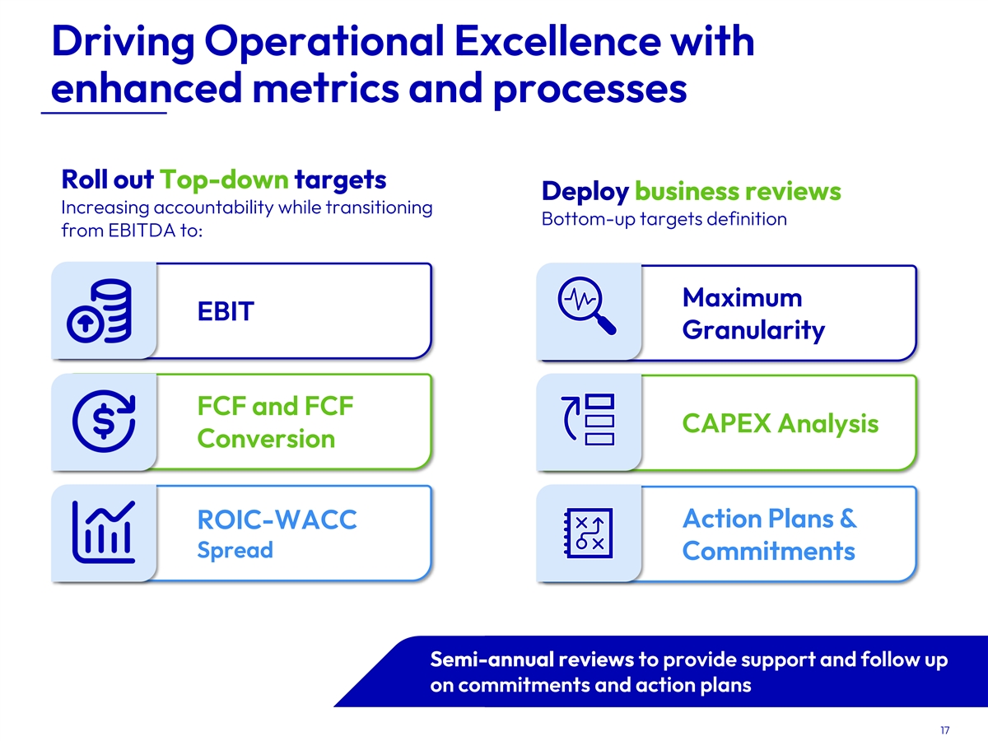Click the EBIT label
coord(226,311)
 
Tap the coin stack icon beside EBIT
coord(100,311)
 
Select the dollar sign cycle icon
coord(104,421)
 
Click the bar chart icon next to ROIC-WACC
coord(104,532)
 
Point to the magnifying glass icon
coord(586,305)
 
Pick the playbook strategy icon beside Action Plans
coord(588,534)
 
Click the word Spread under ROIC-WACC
coord(235,551)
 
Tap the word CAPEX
coord(726,423)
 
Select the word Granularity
coord(753,331)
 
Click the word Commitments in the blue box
coord(768,551)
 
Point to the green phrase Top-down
coord(224,179)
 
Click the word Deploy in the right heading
coord(585,192)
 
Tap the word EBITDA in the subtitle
coord(142,231)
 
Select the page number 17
coord(945,729)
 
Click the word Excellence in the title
coord(557,41)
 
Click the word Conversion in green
coord(266,439)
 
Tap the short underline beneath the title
coord(104,113)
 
